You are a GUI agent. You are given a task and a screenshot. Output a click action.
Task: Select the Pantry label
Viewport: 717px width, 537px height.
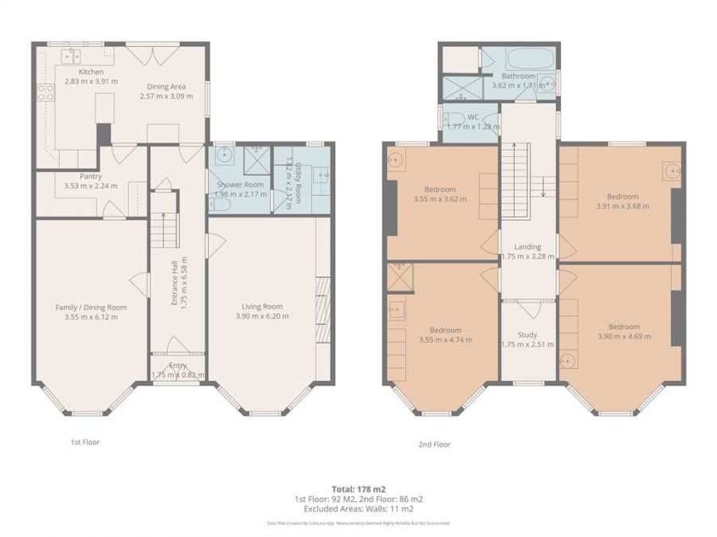(x=89, y=176)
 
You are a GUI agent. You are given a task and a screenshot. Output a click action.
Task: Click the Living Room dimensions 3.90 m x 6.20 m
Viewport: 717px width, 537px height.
(x=262, y=316)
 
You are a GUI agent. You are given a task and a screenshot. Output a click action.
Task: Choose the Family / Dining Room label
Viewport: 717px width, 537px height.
(x=91, y=307)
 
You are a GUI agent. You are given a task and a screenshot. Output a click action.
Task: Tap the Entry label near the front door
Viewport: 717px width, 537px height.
(x=178, y=365)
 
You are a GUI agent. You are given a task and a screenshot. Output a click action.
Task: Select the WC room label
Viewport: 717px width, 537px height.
(x=473, y=116)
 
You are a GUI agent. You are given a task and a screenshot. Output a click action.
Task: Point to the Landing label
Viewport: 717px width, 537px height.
(x=527, y=247)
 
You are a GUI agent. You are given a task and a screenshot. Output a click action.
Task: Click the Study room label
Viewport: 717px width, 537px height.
(x=527, y=335)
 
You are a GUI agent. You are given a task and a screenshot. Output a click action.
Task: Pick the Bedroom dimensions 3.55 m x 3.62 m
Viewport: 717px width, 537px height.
(x=440, y=199)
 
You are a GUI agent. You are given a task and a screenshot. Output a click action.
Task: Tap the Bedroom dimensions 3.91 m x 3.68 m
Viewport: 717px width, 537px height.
(x=622, y=206)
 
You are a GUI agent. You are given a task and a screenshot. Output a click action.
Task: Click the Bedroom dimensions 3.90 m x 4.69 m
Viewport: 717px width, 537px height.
(x=624, y=336)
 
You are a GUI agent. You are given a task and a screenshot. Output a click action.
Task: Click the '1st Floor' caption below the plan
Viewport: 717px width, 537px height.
(x=84, y=441)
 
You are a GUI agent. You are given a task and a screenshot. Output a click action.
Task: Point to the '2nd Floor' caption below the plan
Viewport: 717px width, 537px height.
(x=434, y=445)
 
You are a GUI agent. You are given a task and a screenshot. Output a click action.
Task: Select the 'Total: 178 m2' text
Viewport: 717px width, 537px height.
(x=358, y=488)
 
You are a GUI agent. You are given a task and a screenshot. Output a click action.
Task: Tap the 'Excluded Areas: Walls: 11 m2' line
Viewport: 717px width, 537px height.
(x=358, y=508)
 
